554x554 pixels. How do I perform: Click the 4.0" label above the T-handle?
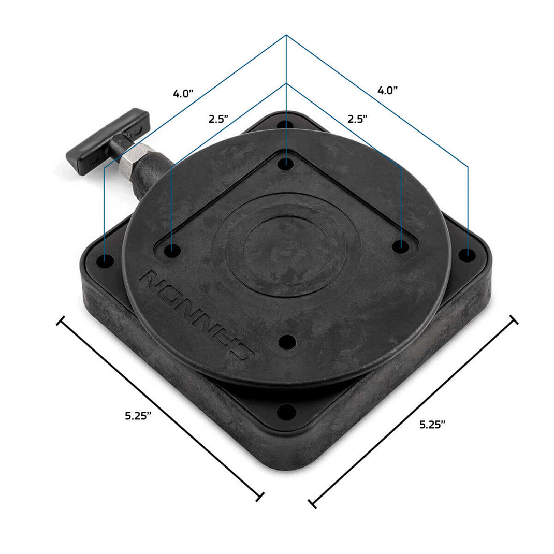coord(183,94)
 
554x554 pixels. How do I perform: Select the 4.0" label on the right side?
coord(387,90)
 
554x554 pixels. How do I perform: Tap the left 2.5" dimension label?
coord(218,119)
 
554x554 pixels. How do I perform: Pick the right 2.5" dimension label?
coord(357,119)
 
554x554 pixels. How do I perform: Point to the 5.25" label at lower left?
coord(138,415)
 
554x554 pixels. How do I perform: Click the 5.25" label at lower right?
coord(432,425)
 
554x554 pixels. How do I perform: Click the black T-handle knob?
coord(108,140)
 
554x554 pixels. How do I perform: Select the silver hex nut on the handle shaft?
coord(134,161)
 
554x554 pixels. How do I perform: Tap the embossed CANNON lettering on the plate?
coord(196,315)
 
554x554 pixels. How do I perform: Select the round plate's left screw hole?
coord(172,251)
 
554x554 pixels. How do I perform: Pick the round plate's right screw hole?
coord(399,246)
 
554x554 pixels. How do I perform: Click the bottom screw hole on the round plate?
coord(286,342)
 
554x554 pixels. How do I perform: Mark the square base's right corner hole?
coord(467,254)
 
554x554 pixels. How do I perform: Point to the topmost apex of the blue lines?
coord(286,35)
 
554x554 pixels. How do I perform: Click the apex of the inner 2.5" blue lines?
coord(286,83)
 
